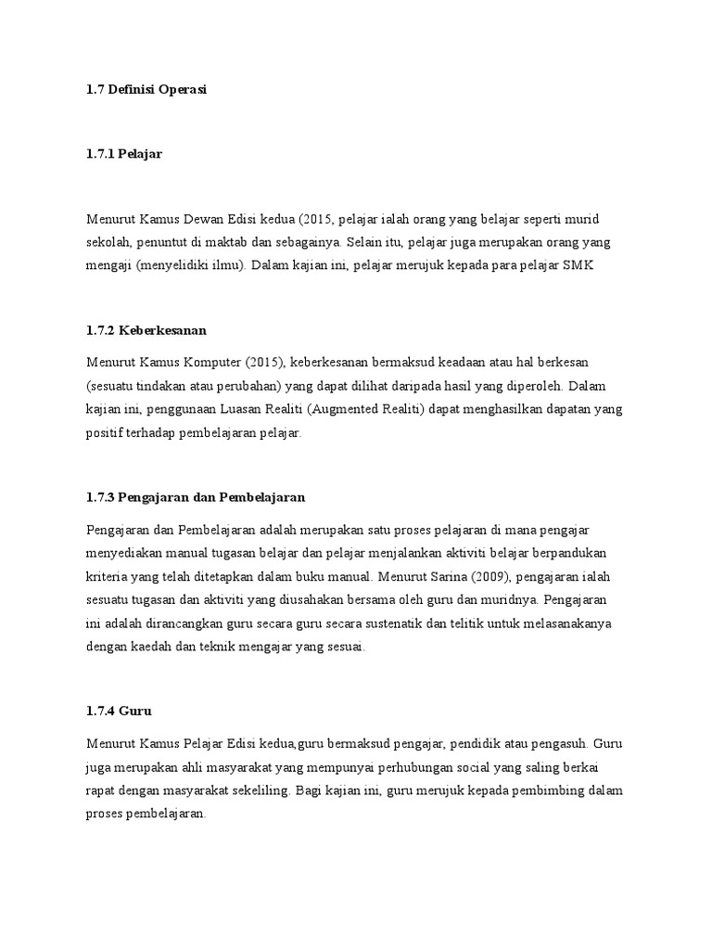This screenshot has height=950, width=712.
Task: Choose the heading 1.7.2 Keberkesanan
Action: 146,330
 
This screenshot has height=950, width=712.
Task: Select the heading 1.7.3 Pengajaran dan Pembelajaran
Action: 196,497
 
